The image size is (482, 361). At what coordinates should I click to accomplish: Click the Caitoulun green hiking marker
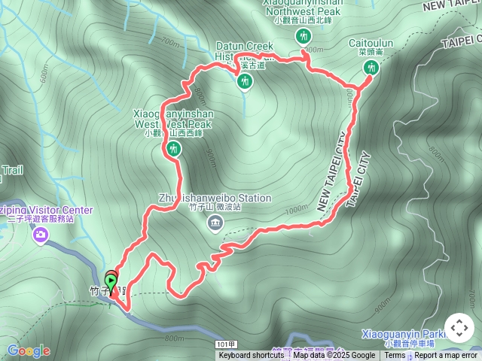(370, 68)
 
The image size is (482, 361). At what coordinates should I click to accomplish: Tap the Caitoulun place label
(371, 44)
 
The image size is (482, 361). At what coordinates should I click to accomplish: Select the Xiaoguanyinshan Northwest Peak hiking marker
(304, 37)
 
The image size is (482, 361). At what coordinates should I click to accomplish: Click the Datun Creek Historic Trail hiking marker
(244, 80)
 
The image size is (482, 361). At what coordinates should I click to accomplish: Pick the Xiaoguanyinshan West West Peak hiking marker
(174, 150)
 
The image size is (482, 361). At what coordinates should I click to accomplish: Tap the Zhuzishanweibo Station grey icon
(215, 223)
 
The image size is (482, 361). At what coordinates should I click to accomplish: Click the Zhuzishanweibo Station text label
(215, 199)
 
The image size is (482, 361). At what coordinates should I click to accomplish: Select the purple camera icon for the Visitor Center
(40, 235)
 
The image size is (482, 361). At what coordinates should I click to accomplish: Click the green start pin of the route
(111, 284)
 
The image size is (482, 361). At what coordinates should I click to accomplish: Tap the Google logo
(29, 350)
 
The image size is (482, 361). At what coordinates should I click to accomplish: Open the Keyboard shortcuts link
(252, 356)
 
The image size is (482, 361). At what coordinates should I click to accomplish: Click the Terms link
(395, 356)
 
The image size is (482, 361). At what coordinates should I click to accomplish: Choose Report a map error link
(446, 356)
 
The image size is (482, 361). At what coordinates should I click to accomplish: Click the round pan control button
(459, 328)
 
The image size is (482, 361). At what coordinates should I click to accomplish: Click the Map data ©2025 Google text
(334, 356)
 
